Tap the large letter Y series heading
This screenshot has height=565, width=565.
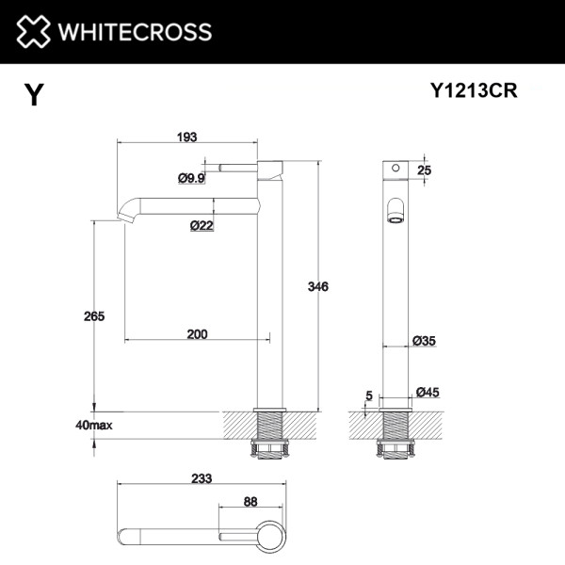(x=34, y=95)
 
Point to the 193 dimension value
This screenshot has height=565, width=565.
(x=186, y=137)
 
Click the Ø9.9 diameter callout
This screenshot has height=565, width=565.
(x=191, y=177)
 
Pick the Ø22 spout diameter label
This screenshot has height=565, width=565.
(x=201, y=225)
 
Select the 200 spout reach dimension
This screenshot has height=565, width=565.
(x=197, y=333)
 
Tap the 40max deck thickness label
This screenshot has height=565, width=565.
(x=94, y=426)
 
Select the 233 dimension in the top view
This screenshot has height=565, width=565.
(x=201, y=477)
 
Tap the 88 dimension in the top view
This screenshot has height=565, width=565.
(x=250, y=502)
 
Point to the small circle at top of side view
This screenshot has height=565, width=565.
(x=395, y=170)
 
